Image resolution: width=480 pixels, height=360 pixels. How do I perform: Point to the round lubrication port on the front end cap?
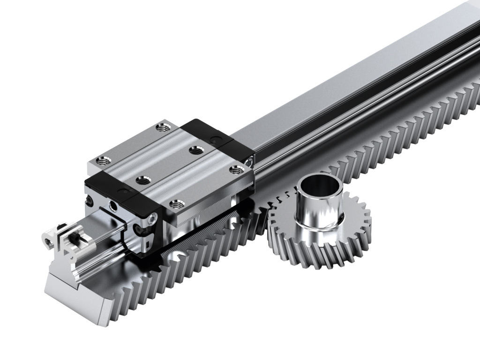[112, 206]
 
